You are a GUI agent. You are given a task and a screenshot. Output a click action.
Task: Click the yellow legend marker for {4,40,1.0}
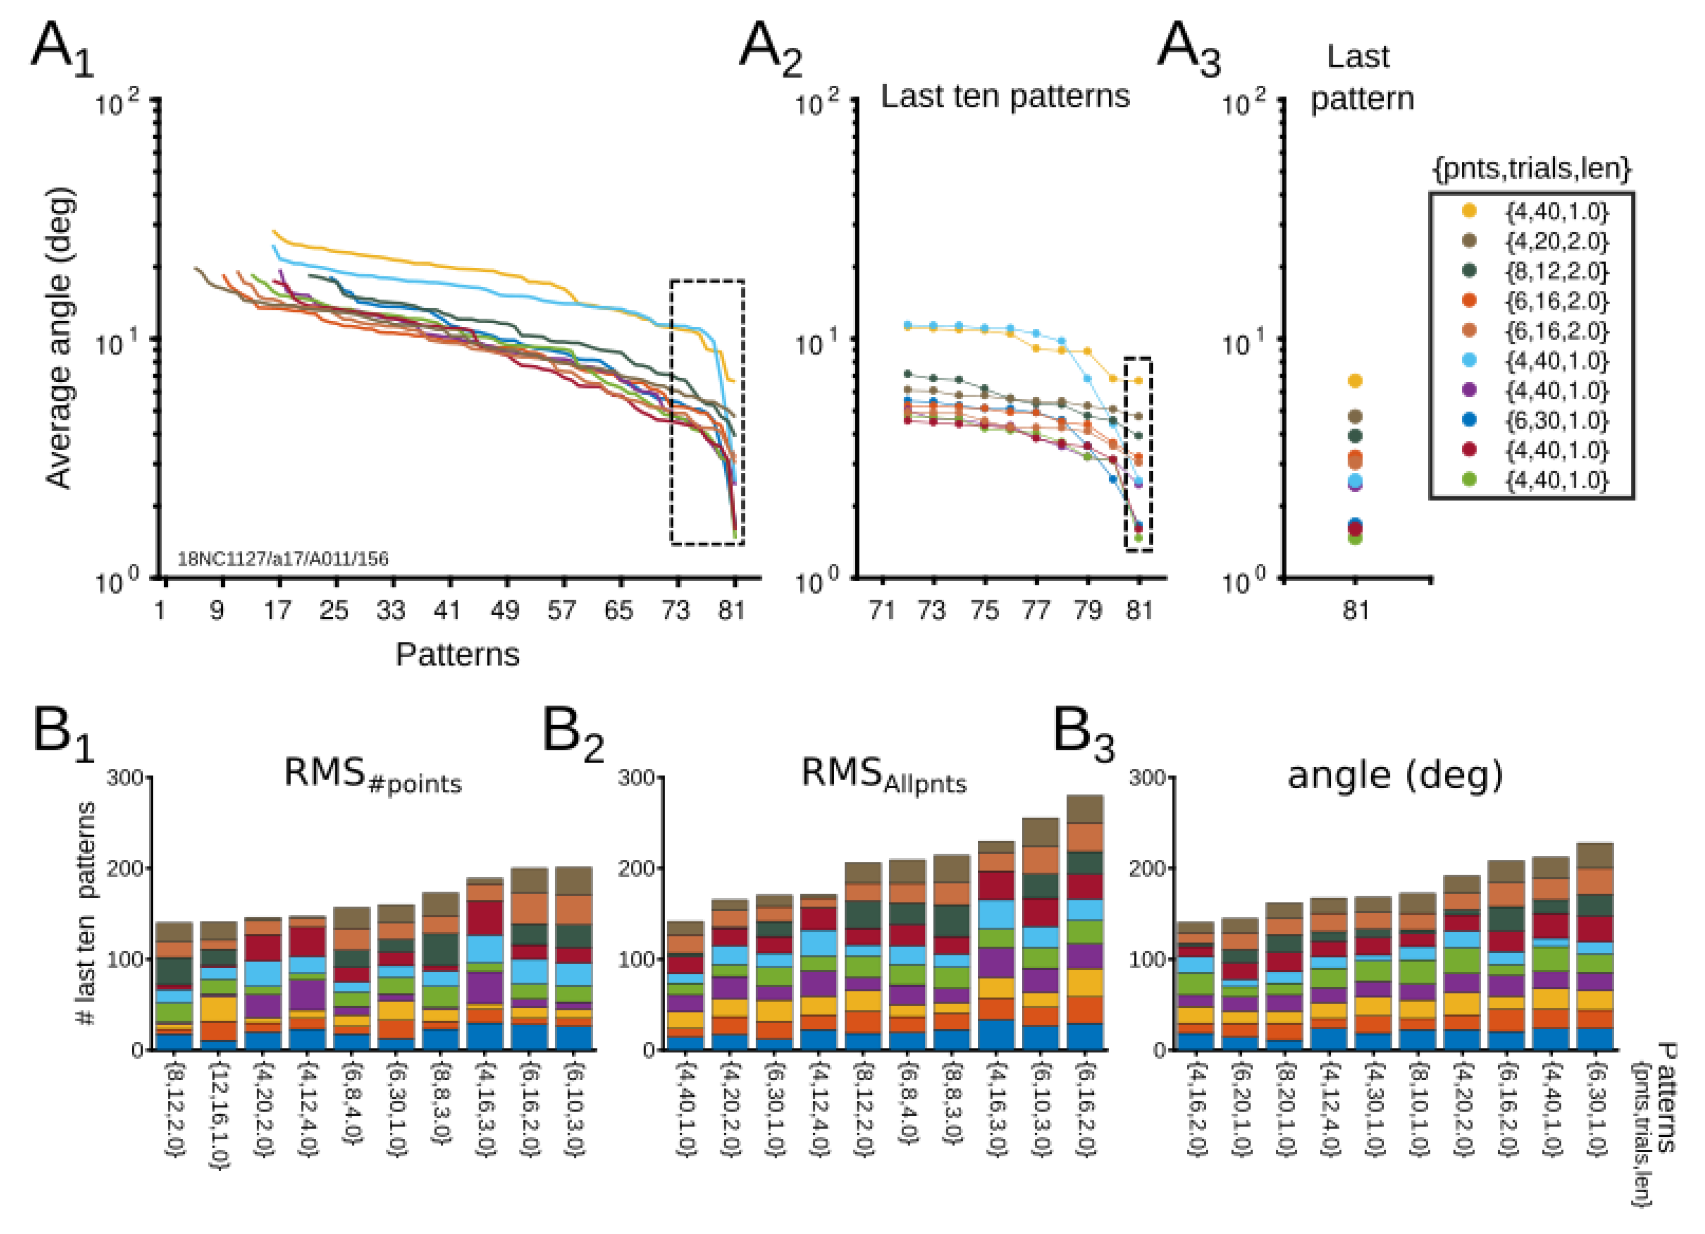pyautogui.click(x=1468, y=211)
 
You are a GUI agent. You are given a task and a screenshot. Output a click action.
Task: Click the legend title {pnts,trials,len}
pyautogui.click(x=1532, y=168)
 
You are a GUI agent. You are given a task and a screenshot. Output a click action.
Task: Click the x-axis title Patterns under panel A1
pyautogui.click(x=457, y=654)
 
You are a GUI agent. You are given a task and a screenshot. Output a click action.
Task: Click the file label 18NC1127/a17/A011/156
pyautogui.click(x=283, y=559)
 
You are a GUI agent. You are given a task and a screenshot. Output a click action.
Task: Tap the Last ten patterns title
pyautogui.click(x=1005, y=96)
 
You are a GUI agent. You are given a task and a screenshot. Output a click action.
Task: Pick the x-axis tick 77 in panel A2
pyautogui.click(x=1036, y=610)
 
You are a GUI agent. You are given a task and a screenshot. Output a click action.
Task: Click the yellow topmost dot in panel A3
pyautogui.click(x=1355, y=381)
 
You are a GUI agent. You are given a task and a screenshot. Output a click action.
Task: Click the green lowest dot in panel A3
pyautogui.click(x=1355, y=539)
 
